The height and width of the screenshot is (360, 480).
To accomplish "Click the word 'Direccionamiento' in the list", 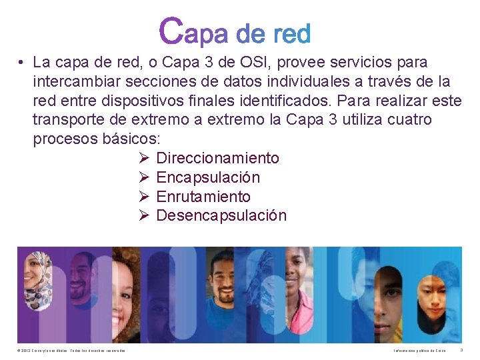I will pos(217,158).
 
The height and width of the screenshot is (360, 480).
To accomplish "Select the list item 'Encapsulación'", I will pos(208,177).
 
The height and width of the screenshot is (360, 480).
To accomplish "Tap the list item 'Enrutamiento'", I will pos(203,197).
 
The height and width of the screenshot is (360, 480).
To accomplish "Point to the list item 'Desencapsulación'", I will pos(221,215).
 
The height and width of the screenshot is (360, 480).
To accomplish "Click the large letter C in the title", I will pos(171,31).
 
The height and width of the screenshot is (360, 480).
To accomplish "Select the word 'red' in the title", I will pos(292,33).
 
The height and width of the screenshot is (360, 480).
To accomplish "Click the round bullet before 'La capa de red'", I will pos(22,63).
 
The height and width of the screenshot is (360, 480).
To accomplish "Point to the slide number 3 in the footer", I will pos(461,350).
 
